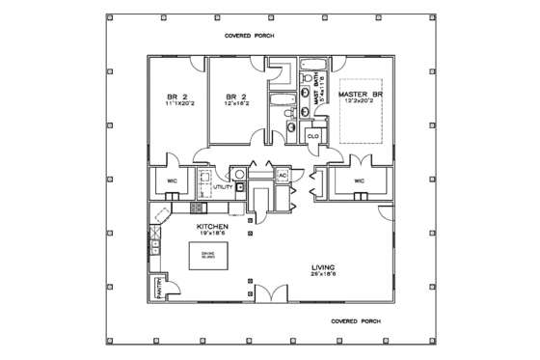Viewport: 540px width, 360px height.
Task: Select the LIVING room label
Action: point(321,267)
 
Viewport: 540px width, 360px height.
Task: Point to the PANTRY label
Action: point(158,289)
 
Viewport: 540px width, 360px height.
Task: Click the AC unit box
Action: point(283,176)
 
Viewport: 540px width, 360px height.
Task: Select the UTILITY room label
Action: point(223,187)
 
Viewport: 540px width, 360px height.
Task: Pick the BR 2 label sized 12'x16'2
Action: point(231,97)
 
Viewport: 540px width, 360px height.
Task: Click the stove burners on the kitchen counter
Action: point(196,207)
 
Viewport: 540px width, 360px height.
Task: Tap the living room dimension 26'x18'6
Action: point(321,275)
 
